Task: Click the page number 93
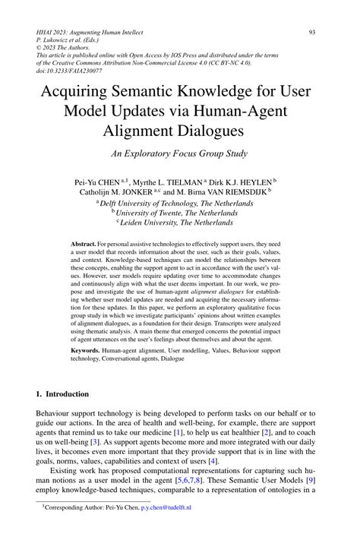click(x=312, y=32)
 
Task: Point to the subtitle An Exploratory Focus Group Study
click(x=179, y=154)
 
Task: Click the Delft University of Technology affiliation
click(x=181, y=204)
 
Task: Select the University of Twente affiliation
click(x=181, y=213)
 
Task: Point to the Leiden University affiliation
click(x=181, y=224)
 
